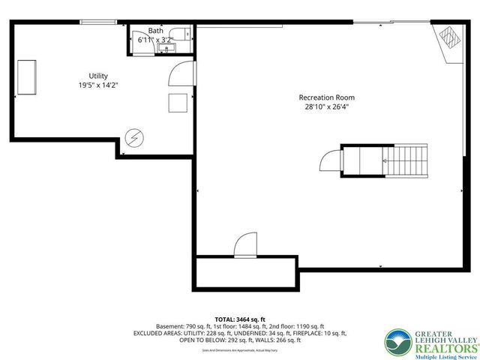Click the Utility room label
click(98, 76)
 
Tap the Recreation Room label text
click(326, 97)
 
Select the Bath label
click(155, 31)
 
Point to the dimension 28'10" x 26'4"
click(326, 107)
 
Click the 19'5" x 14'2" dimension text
click(98, 85)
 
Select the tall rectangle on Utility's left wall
click(28, 77)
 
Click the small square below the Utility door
click(178, 103)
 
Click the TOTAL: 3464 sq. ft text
click(239, 319)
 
